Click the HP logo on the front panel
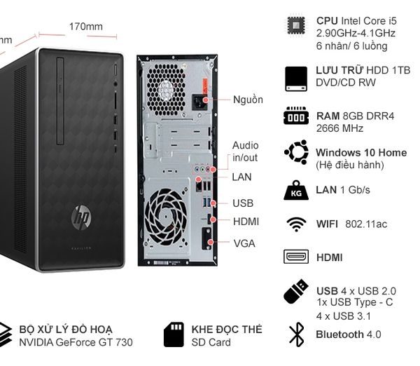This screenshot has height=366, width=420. (x=81, y=217)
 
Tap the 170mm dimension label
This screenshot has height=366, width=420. (x=85, y=27)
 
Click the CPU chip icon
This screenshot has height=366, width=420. (x=296, y=25)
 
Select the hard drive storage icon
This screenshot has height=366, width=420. (x=296, y=79)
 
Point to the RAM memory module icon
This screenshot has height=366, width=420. (x=296, y=116)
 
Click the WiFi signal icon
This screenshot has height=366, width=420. (x=296, y=224)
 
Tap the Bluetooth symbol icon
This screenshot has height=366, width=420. (x=297, y=334)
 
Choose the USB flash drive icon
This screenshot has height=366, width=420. (x=295, y=292)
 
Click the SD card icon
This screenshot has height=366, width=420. (x=174, y=334)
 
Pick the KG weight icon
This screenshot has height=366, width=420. (x=296, y=190)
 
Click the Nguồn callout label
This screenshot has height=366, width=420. (x=248, y=100)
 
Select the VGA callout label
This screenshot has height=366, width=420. (x=244, y=243)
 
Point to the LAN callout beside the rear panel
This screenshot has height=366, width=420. (x=241, y=177)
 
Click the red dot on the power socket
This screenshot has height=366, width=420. (x=205, y=100)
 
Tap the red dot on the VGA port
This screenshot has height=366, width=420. (x=211, y=242)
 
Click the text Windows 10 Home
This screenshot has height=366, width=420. (x=361, y=153)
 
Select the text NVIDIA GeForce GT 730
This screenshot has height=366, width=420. (x=76, y=342)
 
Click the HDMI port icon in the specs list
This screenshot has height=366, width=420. (x=296, y=257)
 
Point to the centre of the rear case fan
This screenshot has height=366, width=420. (x=166, y=216)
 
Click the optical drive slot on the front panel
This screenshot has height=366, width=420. (x=60, y=101)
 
